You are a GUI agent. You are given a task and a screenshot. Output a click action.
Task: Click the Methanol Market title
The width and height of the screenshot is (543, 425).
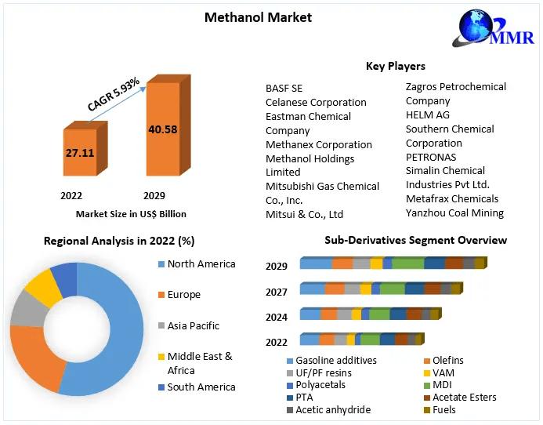point(258,17)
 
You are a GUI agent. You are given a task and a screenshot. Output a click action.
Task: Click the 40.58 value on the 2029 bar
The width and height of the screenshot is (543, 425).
point(162,129)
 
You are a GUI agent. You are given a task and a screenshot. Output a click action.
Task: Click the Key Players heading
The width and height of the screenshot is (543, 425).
point(396,66)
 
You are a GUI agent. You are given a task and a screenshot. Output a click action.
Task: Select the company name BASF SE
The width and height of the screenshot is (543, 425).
point(284,88)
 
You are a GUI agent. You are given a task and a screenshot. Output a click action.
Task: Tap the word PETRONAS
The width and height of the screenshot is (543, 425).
point(430,157)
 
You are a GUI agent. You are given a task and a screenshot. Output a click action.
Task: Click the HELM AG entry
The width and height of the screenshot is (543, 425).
point(427,114)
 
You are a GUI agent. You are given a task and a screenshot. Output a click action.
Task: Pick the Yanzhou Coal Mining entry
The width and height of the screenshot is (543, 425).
point(454,212)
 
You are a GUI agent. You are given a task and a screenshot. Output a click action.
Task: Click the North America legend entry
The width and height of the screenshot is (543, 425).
point(201,264)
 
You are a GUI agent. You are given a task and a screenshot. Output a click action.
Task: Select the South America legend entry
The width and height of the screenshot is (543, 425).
point(201,387)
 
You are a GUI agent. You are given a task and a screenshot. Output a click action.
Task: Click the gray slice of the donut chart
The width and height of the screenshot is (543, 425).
point(27,312)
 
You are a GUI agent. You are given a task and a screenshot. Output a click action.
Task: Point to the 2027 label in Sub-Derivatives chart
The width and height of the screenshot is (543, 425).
point(277,292)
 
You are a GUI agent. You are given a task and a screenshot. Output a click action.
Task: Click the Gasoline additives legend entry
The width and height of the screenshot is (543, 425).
point(336,361)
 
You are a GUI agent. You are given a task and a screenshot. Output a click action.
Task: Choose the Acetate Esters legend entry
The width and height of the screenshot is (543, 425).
point(465,398)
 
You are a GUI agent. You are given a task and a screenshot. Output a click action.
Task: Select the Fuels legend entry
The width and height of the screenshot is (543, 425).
point(444,409)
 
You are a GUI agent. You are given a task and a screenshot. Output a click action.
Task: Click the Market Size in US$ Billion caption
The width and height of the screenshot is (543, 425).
point(131,213)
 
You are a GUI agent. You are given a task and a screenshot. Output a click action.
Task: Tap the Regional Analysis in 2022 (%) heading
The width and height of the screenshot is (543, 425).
point(119,241)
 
